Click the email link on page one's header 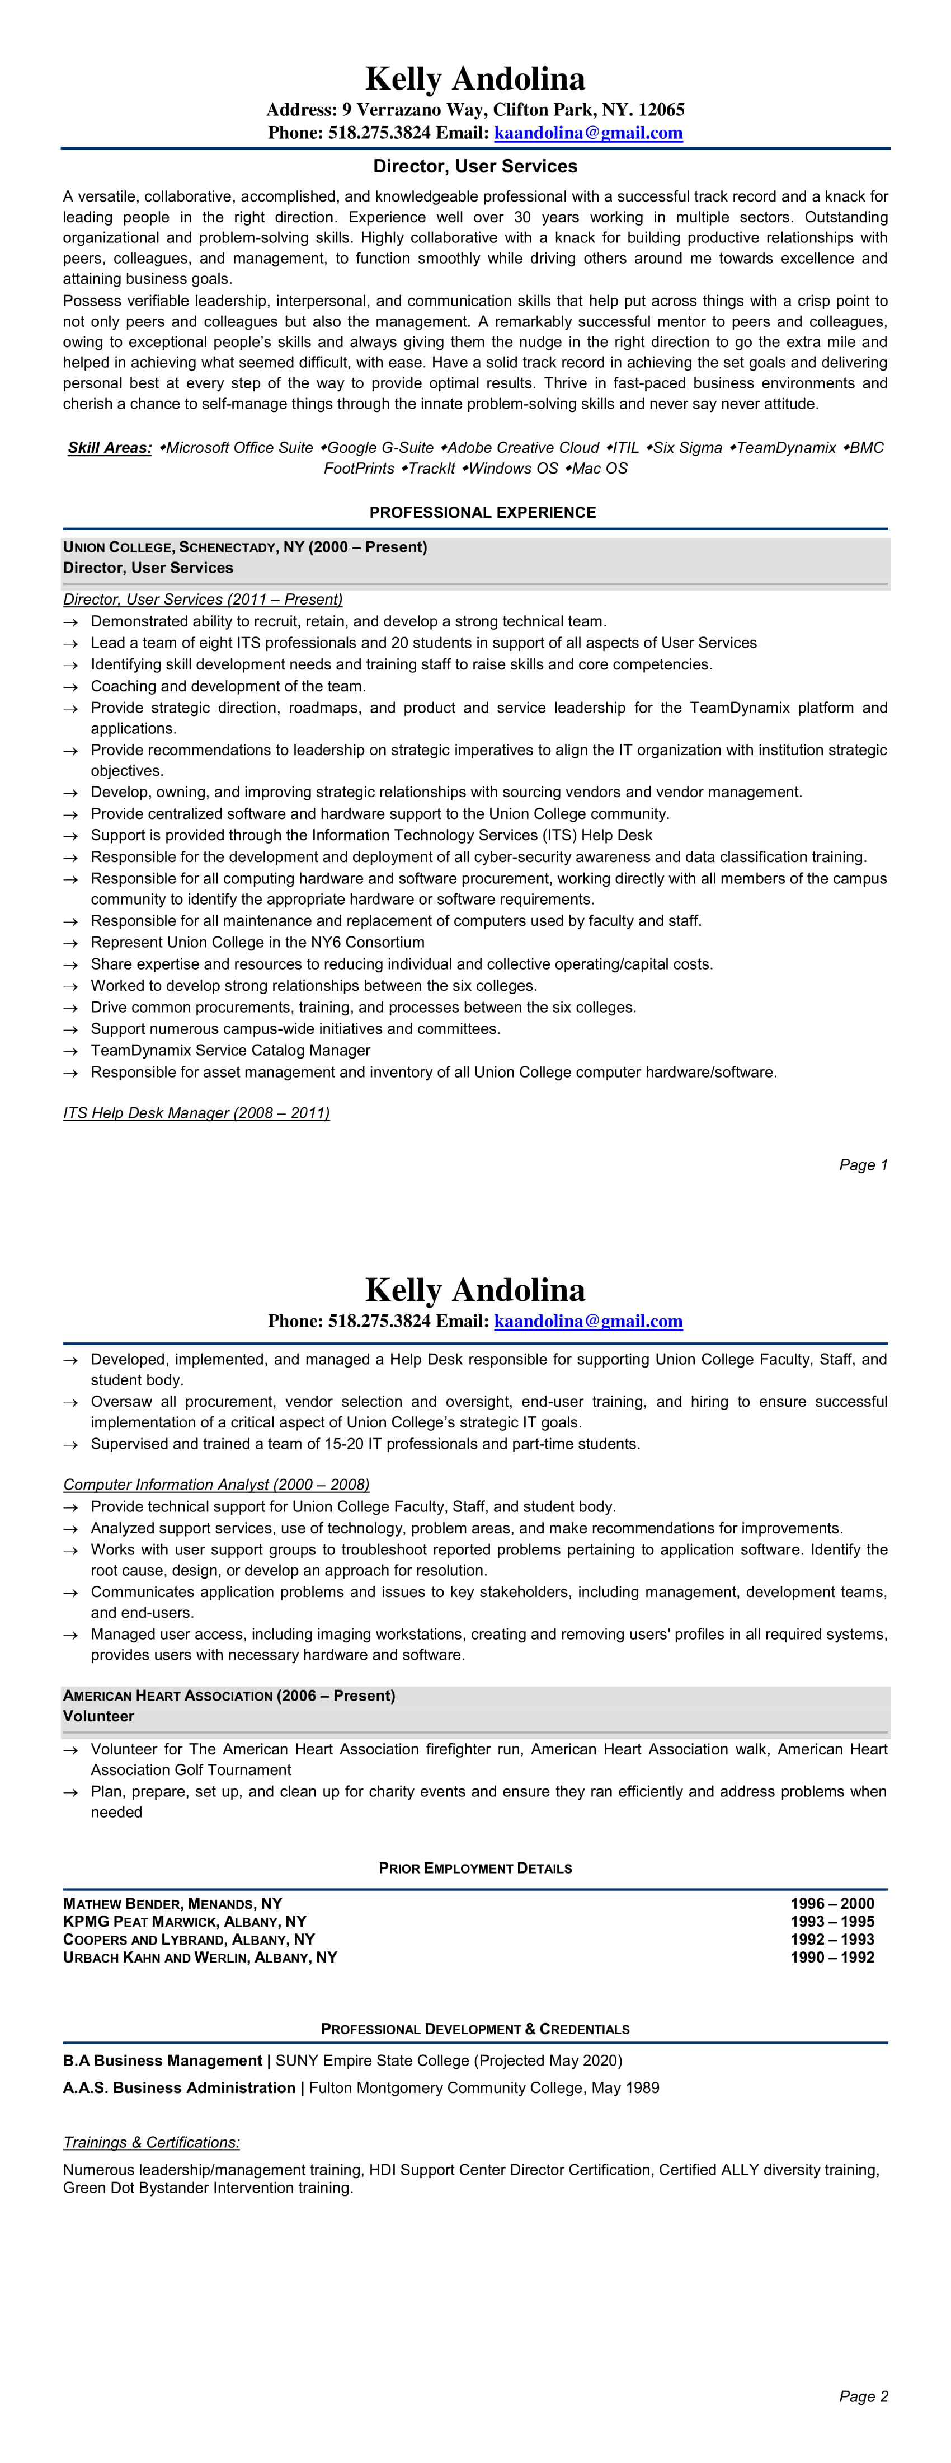(x=588, y=133)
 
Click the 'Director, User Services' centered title (x=475, y=166)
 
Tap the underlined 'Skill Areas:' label (x=110, y=447)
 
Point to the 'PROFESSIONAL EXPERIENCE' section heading (x=483, y=513)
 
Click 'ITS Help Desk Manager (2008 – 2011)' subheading (x=196, y=1113)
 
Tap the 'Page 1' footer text (x=863, y=1164)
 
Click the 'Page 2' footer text (x=863, y=2396)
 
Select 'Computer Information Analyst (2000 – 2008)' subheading (x=216, y=1485)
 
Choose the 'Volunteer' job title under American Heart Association (x=98, y=1716)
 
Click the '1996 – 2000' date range (x=831, y=1904)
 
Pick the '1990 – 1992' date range (x=831, y=1957)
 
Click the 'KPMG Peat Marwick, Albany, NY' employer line (x=185, y=1922)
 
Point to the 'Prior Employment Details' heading (x=475, y=1869)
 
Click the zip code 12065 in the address (x=661, y=110)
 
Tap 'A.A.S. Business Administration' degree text (x=178, y=2087)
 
